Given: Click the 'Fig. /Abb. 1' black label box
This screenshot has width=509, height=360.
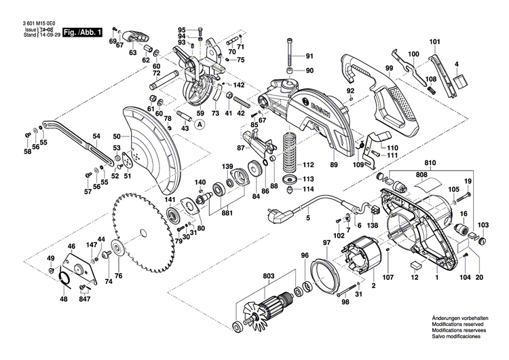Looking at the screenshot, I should coord(82,32).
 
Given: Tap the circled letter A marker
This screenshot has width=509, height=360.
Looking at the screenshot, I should coord(200,124).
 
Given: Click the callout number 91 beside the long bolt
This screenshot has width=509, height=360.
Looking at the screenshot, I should coord(309,56).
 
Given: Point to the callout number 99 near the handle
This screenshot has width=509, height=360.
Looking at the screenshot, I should coord(390,69).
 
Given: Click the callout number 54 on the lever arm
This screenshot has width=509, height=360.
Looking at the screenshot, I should coord(96,137).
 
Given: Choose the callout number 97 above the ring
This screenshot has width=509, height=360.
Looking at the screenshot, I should coord(326,242).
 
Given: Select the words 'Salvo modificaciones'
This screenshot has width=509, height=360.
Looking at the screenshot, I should coord(455,337).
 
